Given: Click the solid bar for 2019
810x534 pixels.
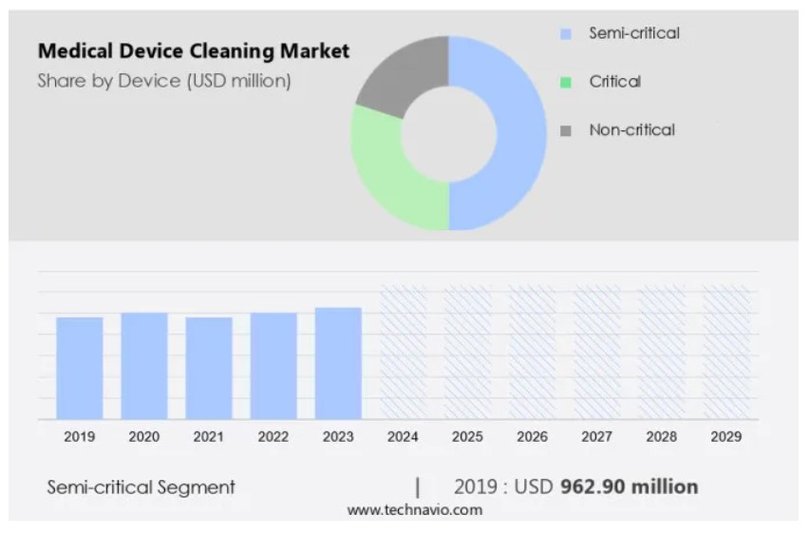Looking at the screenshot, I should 80,368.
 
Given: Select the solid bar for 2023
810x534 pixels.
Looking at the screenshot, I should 338,363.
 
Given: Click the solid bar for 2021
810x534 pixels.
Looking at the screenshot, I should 209,368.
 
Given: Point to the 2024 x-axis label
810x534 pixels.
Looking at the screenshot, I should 403,437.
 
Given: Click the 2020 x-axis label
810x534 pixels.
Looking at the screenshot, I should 144,437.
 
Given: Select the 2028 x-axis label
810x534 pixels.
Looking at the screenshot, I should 662,437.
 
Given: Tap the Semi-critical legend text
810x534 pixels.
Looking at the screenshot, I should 634,33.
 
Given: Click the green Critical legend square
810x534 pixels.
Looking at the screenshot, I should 566,83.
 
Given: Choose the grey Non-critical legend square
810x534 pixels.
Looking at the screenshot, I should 566,131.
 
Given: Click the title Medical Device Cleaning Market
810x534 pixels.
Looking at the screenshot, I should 194,50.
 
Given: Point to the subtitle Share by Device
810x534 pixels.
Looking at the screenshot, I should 164,81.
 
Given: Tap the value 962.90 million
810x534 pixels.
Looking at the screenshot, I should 629,486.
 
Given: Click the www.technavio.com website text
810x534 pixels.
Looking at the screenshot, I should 414,510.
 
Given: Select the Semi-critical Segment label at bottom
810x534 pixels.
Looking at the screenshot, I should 141,487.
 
